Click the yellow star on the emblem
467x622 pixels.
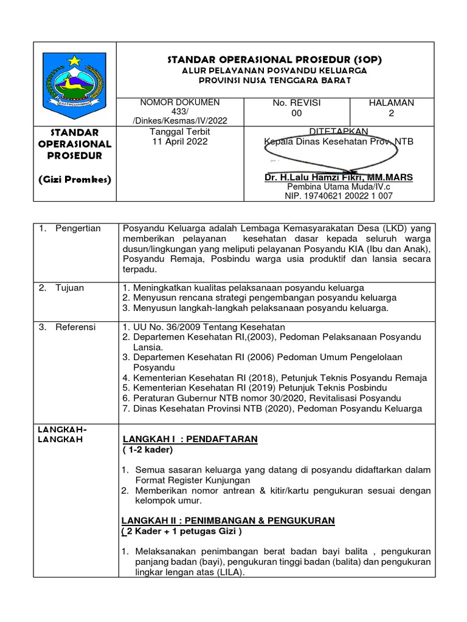[x=74, y=61]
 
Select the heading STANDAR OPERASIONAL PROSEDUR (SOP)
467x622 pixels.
[x=275, y=60]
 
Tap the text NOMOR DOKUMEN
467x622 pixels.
[x=180, y=103]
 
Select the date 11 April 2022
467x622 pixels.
[x=179, y=142]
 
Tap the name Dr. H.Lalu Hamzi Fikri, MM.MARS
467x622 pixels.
[x=339, y=177]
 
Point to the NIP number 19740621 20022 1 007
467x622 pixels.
[x=339, y=196]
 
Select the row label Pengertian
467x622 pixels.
[x=78, y=228]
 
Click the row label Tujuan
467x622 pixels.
[x=71, y=287]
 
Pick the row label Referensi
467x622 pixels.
[x=75, y=327]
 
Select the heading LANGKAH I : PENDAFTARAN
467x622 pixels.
[x=190, y=439]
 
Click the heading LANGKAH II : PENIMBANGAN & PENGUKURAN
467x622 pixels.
[x=227, y=521]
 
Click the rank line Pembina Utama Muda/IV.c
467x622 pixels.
[x=339, y=186]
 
